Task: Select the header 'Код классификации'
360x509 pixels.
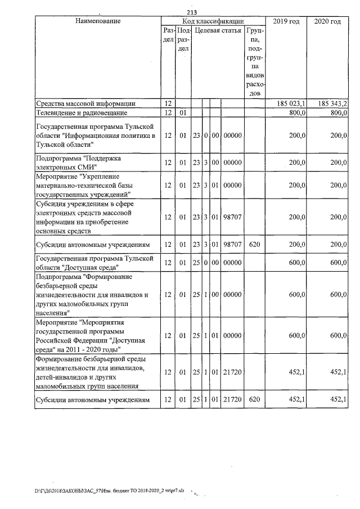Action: tap(213, 21)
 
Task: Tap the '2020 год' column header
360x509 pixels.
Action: tap(328, 21)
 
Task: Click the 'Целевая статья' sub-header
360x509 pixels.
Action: tap(218, 30)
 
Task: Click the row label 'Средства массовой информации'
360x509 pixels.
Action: tap(85, 104)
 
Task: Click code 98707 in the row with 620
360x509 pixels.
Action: tap(232, 245)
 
